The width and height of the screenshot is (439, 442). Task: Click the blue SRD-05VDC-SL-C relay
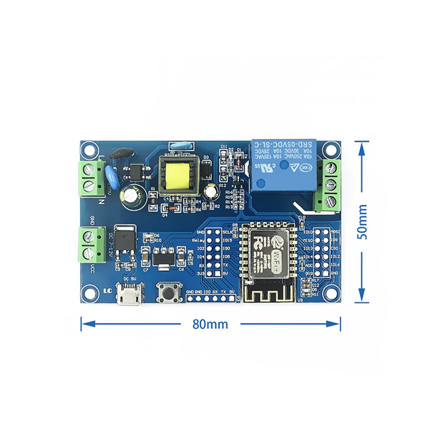[x=283, y=166]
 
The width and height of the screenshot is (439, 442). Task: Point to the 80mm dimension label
[x=210, y=324]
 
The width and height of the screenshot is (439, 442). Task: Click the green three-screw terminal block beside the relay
[x=327, y=185]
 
